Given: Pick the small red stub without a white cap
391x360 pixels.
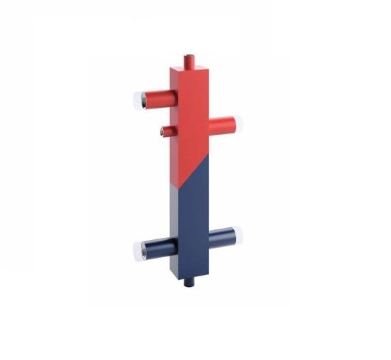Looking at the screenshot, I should click(x=166, y=130).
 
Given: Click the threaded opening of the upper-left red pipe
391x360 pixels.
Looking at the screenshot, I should click(x=139, y=98).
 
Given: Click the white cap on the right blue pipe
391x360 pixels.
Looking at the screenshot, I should click(x=237, y=232).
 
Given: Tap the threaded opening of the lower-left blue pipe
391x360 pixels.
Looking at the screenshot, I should click(x=139, y=249).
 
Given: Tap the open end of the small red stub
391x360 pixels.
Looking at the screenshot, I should click(x=163, y=130).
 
